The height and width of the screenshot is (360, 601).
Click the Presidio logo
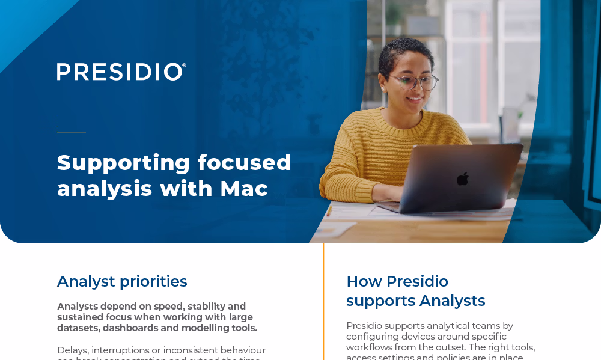120,72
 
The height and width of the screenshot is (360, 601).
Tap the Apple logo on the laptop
462,178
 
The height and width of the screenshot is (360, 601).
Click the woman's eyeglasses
415,81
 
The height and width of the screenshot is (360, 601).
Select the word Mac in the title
243,189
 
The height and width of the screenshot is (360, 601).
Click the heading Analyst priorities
122,281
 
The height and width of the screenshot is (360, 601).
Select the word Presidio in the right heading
417,281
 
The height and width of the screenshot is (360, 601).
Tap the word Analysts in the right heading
452,301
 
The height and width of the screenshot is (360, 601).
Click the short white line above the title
72,132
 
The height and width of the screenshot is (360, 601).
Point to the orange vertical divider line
323,301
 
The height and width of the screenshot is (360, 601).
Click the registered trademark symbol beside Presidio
184,65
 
